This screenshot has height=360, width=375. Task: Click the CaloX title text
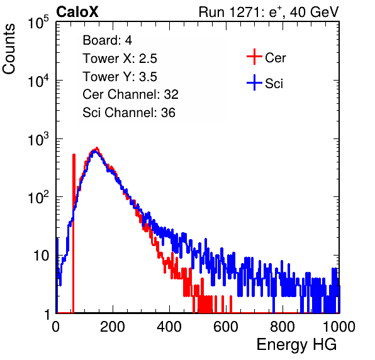tap(77, 12)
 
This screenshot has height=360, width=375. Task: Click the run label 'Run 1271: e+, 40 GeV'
tap(269, 12)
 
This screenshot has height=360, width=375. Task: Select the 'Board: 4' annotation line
tap(107, 40)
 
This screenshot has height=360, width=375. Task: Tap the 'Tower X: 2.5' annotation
tap(120, 59)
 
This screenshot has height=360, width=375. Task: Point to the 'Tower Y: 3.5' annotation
tap(120, 77)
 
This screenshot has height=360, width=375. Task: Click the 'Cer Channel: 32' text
tap(130, 94)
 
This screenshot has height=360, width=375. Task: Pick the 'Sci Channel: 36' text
tap(128, 113)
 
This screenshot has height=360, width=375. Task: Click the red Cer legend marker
tap(254, 57)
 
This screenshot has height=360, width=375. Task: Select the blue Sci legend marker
tap(254, 83)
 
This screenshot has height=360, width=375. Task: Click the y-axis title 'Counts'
tap(9, 49)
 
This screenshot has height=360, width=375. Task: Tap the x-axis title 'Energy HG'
tap(296, 345)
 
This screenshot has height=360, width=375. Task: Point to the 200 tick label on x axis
tap(113, 327)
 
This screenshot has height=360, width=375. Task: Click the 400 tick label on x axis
tap(169, 327)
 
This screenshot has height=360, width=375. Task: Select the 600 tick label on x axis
tap(226, 327)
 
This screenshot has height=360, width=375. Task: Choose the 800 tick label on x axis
tap(283, 327)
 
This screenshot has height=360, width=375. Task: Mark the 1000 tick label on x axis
tap(339, 327)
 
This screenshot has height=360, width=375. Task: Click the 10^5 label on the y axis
tap(38, 23)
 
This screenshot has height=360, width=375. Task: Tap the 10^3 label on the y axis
tap(38, 139)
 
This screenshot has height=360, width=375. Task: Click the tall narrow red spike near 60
tap(74, 233)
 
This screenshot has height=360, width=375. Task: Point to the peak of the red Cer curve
tap(97, 148)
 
